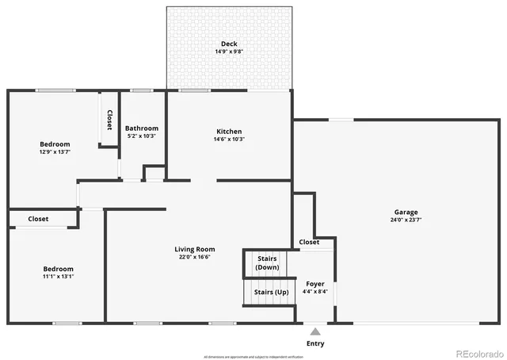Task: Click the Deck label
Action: [229, 44]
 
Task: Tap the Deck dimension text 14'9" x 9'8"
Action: [229, 52]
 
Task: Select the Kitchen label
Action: [229, 132]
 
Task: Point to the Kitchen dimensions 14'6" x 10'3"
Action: [229, 140]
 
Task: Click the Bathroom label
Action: [143, 128]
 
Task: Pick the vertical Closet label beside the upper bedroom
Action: [109, 119]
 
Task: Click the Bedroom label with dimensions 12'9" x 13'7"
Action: [55, 144]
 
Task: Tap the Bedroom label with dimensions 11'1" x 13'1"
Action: [58, 269]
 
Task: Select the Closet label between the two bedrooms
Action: [38, 219]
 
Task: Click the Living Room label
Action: [195, 250]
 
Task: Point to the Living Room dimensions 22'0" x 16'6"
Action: [195, 258]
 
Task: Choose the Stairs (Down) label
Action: [267, 262]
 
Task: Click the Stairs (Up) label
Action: [270, 292]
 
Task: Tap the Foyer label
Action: [314, 283]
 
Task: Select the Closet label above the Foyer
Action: [309, 242]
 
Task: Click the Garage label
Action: [406, 212]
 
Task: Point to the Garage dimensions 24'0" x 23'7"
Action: [406, 220]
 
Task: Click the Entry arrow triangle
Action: [315, 331]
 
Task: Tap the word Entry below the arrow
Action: [314, 343]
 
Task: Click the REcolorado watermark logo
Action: [478, 353]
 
